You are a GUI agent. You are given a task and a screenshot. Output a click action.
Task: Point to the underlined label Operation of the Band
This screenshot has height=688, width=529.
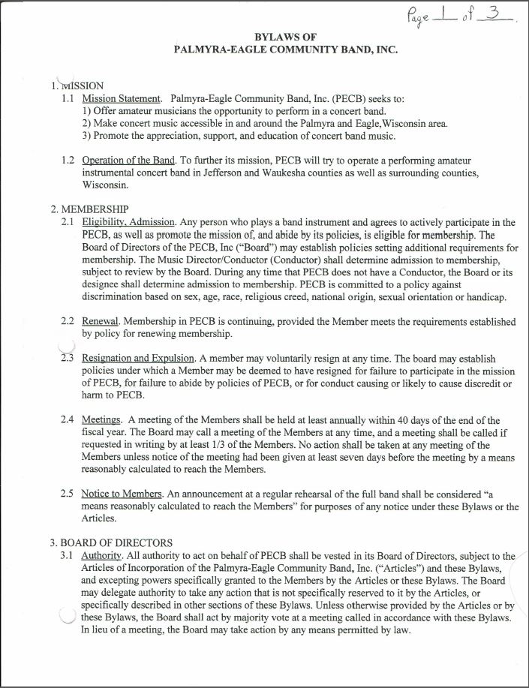point(128,161)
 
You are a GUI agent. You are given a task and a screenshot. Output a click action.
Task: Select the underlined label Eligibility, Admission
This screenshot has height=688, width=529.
point(128,222)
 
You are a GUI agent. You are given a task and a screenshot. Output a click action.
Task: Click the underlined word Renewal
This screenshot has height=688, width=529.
point(101,322)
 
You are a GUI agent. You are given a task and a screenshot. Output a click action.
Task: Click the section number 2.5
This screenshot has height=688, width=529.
point(68,494)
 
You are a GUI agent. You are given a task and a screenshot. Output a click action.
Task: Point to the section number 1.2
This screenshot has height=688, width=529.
point(68,161)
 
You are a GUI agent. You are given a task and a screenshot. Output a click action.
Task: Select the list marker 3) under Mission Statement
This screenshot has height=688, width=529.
point(87,136)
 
